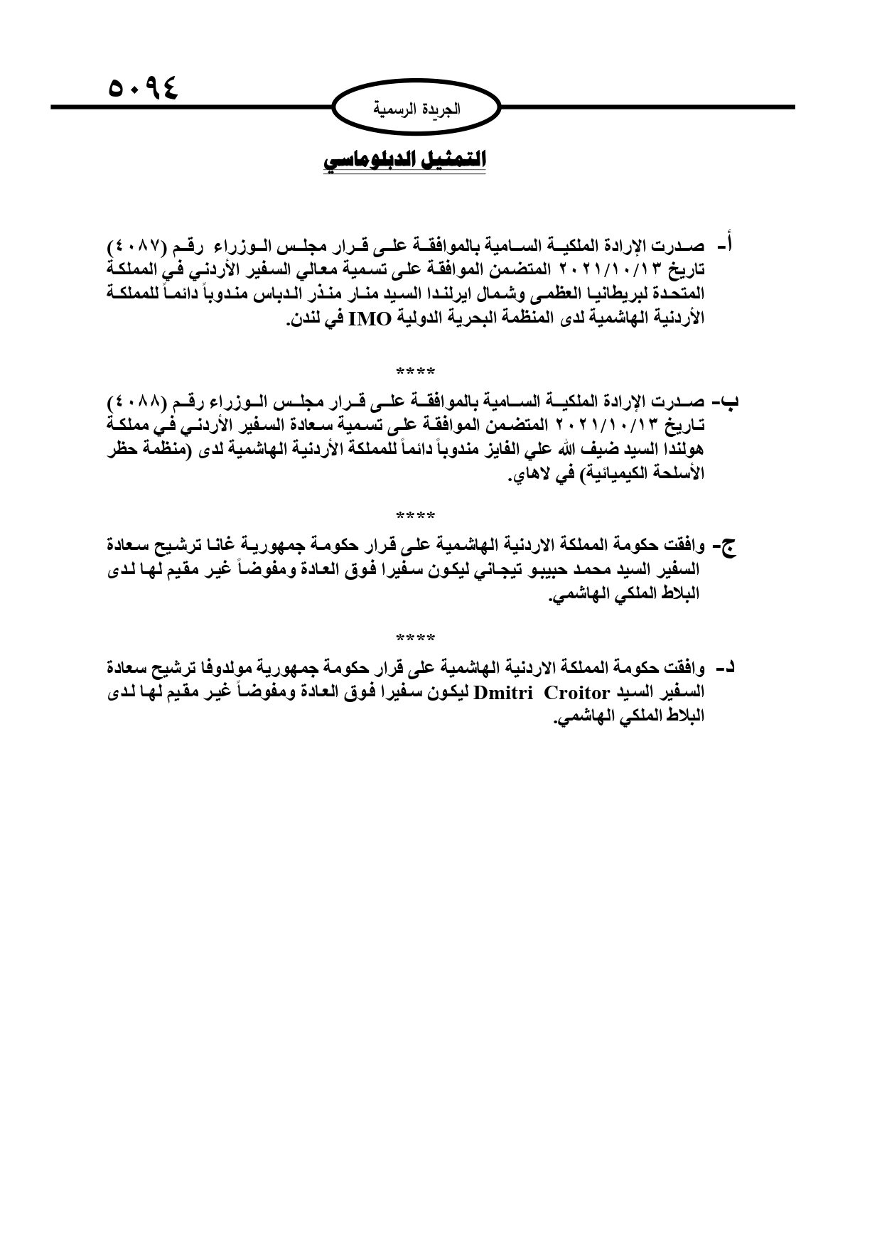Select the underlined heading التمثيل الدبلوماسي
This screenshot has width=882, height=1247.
pyautogui.click(x=404, y=161)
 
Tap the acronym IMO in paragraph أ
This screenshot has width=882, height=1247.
pyautogui.click(x=369, y=318)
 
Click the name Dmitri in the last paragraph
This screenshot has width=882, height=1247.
pyautogui.click(x=504, y=692)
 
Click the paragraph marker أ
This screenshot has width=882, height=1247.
pyautogui.click(x=725, y=246)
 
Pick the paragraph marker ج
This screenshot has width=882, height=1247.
pyautogui.click(x=728, y=546)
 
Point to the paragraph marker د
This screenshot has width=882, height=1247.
pyautogui.click(x=726, y=668)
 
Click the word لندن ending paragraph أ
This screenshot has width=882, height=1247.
pyautogui.click(x=302, y=319)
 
